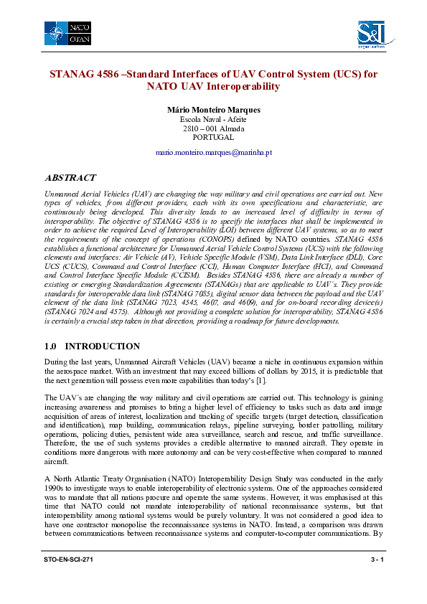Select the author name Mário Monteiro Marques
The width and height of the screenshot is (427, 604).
tap(213, 110)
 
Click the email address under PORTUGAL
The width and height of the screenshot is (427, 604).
tap(213, 153)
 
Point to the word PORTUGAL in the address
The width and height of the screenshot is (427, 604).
tap(213, 137)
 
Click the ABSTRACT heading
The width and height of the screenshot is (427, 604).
tap(70, 177)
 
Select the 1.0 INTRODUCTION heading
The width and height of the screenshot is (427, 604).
tap(92, 346)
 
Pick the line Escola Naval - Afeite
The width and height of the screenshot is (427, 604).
tap(213, 119)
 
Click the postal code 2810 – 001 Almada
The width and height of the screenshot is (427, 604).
tap(213, 128)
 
